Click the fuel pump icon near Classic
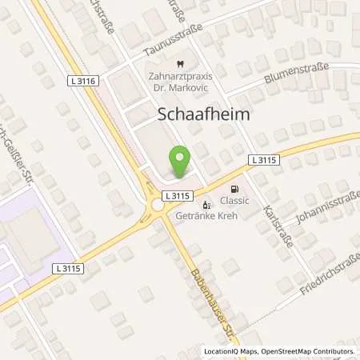pyautogui.click(x=234, y=189)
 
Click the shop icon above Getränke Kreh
pyautogui.click(x=208, y=203)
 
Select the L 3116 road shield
pyautogui.click(x=85, y=82)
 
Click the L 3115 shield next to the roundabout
pyautogui.click(x=175, y=195)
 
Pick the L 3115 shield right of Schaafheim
pyautogui.click(x=263, y=160)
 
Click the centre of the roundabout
pyautogui.click(x=158, y=206)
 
